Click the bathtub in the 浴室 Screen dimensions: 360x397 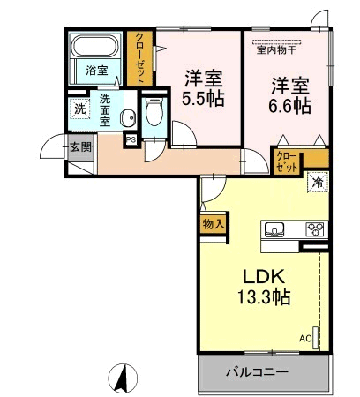[95, 46]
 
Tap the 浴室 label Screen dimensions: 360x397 [97, 71]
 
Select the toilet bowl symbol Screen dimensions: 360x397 [154, 113]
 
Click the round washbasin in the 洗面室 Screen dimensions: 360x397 [129, 117]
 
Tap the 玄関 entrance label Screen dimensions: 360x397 [81, 147]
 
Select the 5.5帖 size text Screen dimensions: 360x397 [203, 98]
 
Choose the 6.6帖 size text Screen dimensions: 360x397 [289, 106]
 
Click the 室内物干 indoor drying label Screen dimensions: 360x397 [276, 50]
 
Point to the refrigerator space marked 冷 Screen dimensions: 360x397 [318, 183]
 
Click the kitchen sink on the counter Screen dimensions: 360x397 [274, 229]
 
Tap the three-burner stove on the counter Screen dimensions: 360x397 [316, 229]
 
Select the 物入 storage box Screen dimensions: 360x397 [214, 224]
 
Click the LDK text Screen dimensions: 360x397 [264, 276]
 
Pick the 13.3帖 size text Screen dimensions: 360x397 [264, 296]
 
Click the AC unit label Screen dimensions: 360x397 [305, 339]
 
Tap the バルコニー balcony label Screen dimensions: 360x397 [257, 372]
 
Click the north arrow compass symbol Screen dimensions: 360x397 [123, 378]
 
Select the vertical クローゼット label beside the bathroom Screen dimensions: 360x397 [140, 58]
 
